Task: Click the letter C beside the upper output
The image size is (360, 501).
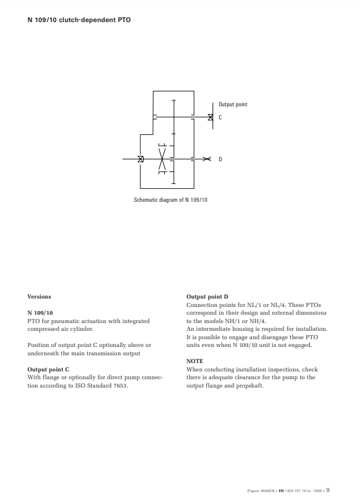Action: (x=220, y=118)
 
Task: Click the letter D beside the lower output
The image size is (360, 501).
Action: (x=220, y=159)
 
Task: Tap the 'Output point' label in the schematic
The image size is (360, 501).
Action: (x=233, y=104)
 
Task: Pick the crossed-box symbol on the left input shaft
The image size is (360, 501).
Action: (x=140, y=159)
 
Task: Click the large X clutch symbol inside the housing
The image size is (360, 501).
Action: (x=163, y=159)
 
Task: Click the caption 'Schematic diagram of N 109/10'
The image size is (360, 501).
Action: (x=170, y=200)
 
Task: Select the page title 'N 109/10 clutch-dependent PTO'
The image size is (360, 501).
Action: (x=79, y=20)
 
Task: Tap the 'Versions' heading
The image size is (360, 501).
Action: (x=39, y=297)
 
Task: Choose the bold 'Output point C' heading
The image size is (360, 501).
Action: (x=48, y=370)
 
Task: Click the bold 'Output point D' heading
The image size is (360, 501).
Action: (x=208, y=297)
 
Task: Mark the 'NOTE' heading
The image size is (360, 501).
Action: (x=195, y=361)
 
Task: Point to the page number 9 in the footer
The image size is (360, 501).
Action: (x=328, y=490)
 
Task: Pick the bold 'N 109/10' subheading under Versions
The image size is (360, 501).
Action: (x=40, y=313)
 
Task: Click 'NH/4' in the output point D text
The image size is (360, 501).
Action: (x=258, y=321)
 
